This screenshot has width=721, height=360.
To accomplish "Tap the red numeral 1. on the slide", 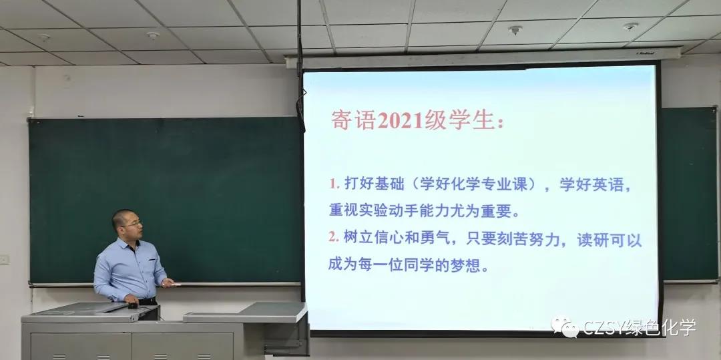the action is pyautogui.click(x=334, y=184).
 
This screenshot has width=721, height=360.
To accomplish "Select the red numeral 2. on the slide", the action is pyautogui.click(x=334, y=237).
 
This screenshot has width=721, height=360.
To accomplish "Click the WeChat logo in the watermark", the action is pyautogui.click(x=565, y=327).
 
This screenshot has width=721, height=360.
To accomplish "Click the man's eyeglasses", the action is pyautogui.click(x=133, y=224).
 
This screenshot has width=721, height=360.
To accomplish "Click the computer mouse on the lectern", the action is pyautogui.click(x=133, y=305).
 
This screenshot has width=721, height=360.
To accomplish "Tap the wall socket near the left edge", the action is pyautogui.click(x=4, y=259).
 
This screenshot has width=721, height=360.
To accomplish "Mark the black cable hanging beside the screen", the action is pyautogui.click(x=300, y=68).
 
